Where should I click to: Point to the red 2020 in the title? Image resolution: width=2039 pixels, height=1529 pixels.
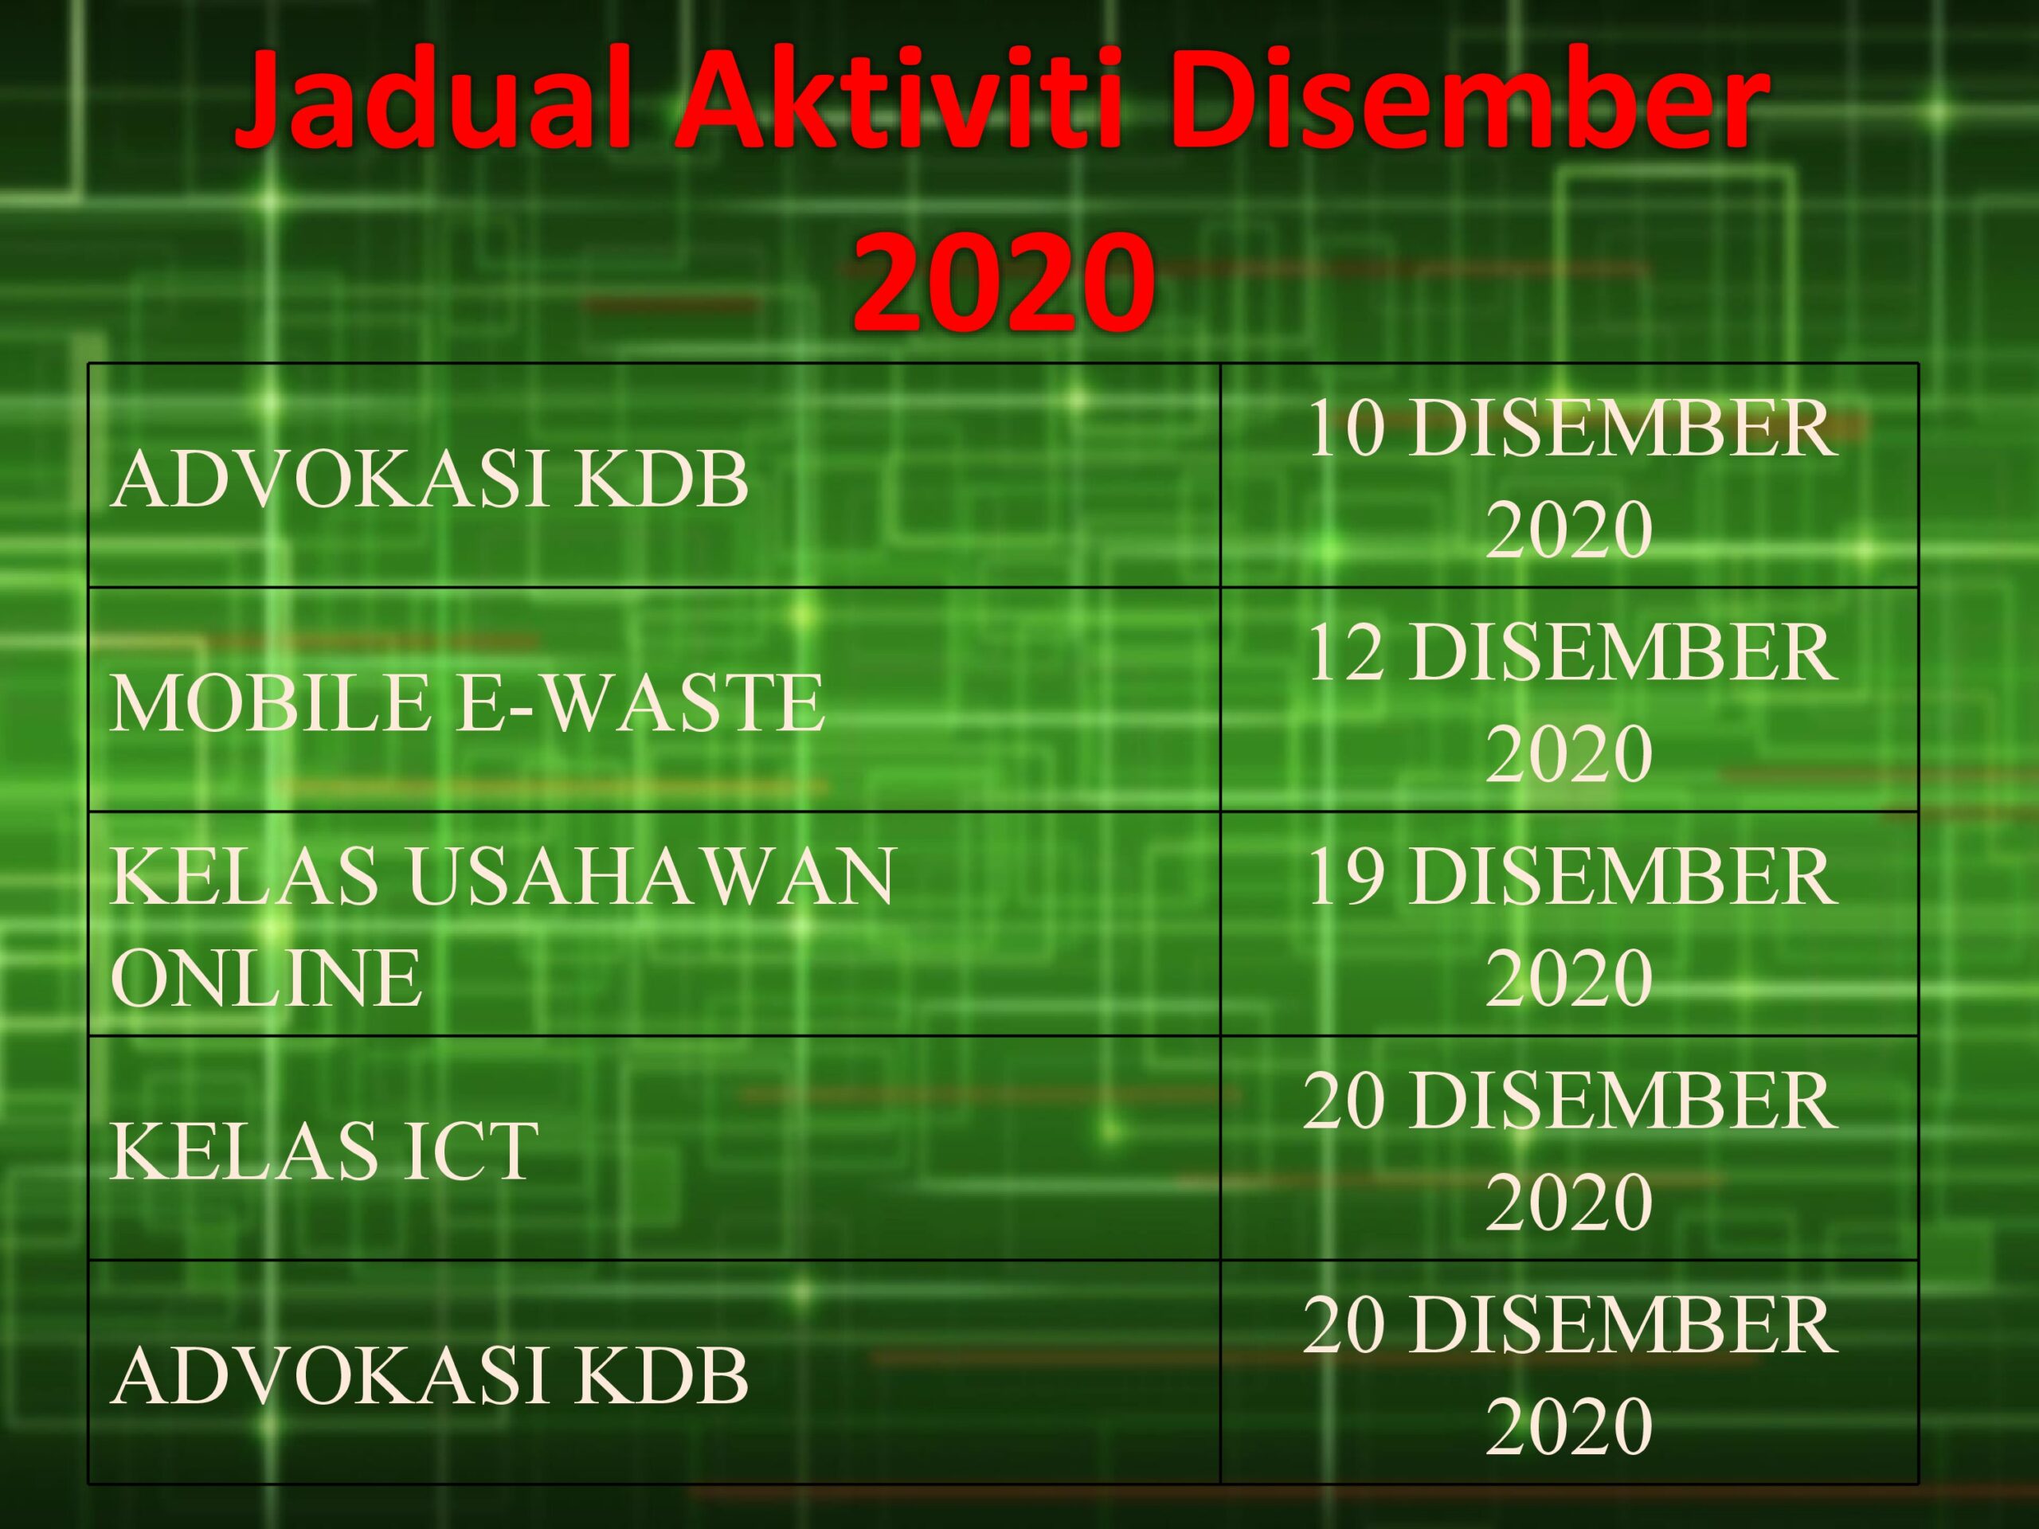[1003, 281]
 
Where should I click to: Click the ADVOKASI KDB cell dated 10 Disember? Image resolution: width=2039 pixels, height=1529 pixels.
[429, 480]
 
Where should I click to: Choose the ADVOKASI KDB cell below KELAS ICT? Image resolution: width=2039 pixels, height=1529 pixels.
[429, 1376]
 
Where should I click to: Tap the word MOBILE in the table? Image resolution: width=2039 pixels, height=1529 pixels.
[270, 703]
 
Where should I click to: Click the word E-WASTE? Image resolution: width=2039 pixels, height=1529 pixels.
[640, 703]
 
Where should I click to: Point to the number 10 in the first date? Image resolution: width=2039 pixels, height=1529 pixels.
[1347, 429]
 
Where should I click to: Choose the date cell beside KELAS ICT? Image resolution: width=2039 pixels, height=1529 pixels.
[1569, 1150]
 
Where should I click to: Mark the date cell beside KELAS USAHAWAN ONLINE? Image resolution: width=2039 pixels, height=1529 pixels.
[1569, 926]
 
